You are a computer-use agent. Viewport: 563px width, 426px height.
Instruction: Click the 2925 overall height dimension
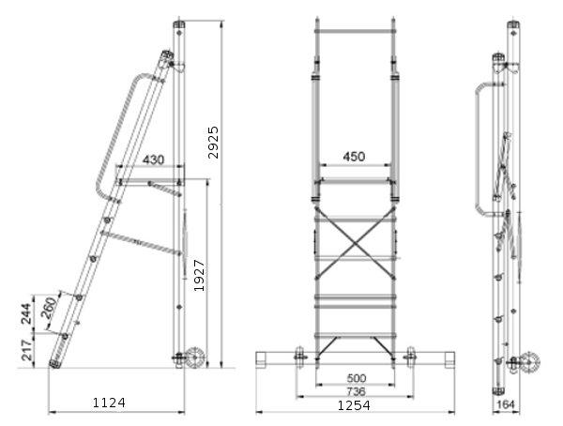click(213, 142)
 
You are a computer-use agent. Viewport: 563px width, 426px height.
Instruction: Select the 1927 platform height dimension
click(199, 275)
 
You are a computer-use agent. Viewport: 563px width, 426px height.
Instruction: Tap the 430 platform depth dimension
click(153, 160)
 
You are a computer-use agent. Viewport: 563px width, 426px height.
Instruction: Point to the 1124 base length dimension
click(109, 403)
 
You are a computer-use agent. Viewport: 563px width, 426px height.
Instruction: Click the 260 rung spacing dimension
click(49, 308)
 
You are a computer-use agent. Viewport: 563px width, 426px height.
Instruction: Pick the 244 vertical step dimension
click(26, 313)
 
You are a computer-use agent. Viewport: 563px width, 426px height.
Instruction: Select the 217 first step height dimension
click(27, 350)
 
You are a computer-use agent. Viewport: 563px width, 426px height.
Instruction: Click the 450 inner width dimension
click(354, 157)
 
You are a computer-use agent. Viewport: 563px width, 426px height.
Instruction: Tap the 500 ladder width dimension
click(357, 378)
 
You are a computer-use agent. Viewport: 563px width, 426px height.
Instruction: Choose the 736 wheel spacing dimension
click(356, 391)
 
